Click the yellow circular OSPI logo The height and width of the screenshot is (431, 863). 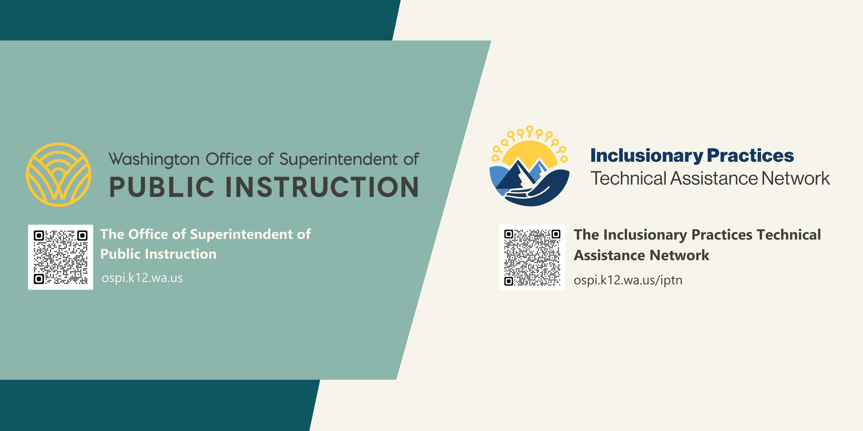pyautogui.click(x=59, y=174)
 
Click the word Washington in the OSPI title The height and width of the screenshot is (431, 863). pyautogui.click(x=154, y=160)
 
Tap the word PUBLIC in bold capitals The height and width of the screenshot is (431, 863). pyautogui.click(x=162, y=187)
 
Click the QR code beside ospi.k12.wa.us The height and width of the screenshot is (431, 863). pyautogui.click(x=61, y=257)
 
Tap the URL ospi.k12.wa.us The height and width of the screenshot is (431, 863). pyautogui.click(x=142, y=278)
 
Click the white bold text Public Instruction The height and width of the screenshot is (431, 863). pyautogui.click(x=158, y=254)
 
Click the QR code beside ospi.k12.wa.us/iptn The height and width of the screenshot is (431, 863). pyautogui.click(x=532, y=257)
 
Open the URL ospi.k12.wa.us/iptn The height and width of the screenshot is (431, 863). pyautogui.click(x=628, y=280)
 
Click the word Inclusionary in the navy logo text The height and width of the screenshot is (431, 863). pyautogui.click(x=646, y=156)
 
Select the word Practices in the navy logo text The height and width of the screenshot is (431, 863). pyautogui.click(x=750, y=156)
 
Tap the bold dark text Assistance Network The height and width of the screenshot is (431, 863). pyautogui.click(x=641, y=255)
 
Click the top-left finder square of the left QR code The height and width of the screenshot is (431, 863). pyautogui.click(x=39, y=235)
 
